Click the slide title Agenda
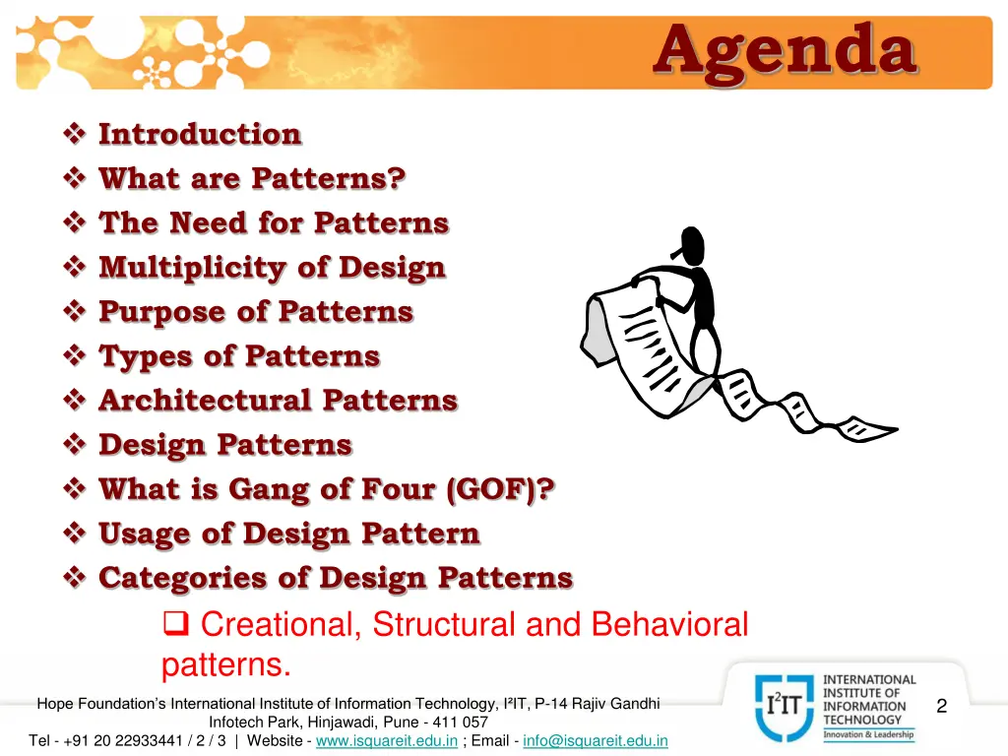[785, 50]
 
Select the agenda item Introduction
[200, 134]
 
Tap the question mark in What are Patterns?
[396, 178]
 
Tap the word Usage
[144, 535]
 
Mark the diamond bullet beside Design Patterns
[76, 445]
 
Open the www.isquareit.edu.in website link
[386, 740]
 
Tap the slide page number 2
[942, 706]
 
